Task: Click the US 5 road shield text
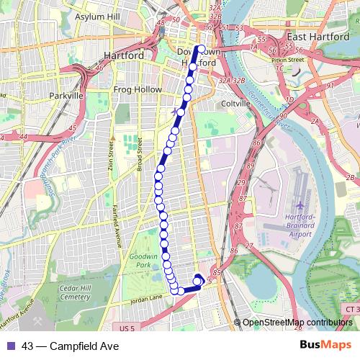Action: tap(128, 329)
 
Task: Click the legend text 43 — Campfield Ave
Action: tap(70, 346)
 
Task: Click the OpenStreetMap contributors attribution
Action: tap(297, 323)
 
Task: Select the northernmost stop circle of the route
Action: tap(201, 50)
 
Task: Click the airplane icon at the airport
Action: tap(299, 215)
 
